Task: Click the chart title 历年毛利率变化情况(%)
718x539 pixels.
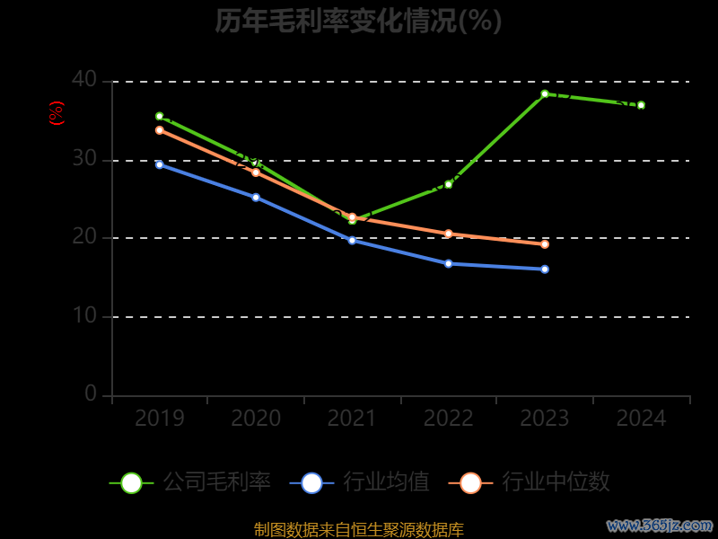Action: (x=358, y=20)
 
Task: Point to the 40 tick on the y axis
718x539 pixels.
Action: (x=84, y=80)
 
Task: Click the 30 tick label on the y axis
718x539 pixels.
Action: (x=84, y=159)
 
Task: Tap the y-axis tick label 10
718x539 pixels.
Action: (x=84, y=315)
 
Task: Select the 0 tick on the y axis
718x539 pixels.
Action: (x=91, y=393)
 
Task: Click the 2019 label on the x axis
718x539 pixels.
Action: (x=160, y=419)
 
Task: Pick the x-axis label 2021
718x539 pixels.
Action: (x=352, y=419)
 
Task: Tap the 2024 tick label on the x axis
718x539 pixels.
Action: (x=641, y=419)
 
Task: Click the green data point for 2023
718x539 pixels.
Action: (x=545, y=93)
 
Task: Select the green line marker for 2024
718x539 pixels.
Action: (x=641, y=105)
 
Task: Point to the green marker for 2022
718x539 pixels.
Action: (x=449, y=184)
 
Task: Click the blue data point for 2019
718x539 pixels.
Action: (x=160, y=164)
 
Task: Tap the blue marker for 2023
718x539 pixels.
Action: (x=545, y=269)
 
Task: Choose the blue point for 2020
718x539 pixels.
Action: (x=256, y=198)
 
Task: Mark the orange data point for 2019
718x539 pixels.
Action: (x=160, y=130)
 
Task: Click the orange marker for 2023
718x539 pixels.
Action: (x=545, y=244)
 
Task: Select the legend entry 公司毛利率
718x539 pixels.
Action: (x=190, y=482)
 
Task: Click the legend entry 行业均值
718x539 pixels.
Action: (x=360, y=482)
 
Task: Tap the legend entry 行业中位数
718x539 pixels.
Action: (x=535, y=482)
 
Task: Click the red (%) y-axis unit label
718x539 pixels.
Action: (x=56, y=113)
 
